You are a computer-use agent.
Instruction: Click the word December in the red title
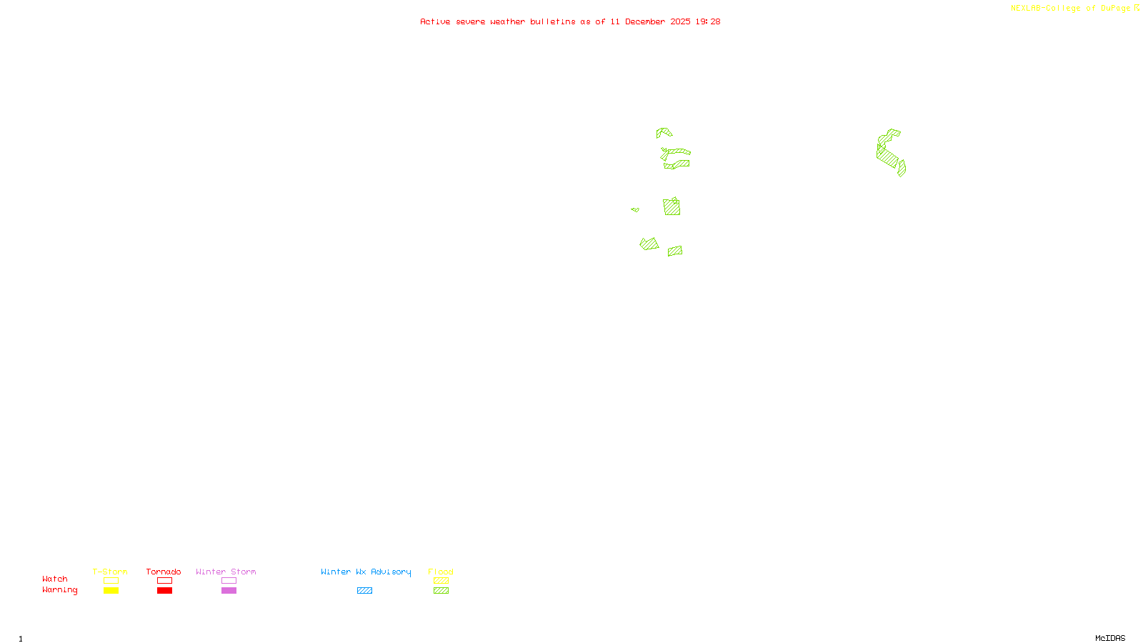tap(645, 21)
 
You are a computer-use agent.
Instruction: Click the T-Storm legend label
tap(110, 572)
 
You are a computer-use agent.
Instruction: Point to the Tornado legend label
tap(164, 572)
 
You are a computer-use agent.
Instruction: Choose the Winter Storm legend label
tap(226, 572)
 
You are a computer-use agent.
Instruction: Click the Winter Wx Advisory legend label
tap(366, 572)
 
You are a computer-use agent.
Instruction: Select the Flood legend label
tap(441, 572)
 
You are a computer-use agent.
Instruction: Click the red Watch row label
tap(55, 579)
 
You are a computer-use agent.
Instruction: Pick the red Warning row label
tap(59, 590)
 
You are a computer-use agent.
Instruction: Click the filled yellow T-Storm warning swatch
tap(111, 591)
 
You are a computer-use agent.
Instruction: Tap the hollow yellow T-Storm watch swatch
tap(111, 581)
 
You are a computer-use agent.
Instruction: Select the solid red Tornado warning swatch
tap(164, 591)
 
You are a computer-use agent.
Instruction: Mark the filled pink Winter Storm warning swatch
tap(229, 591)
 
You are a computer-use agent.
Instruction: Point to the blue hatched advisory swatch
tap(364, 591)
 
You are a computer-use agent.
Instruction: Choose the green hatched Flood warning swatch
tap(441, 591)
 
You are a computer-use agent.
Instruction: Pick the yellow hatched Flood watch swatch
tap(441, 581)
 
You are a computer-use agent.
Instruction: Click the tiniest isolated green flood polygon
tap(635, 209)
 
